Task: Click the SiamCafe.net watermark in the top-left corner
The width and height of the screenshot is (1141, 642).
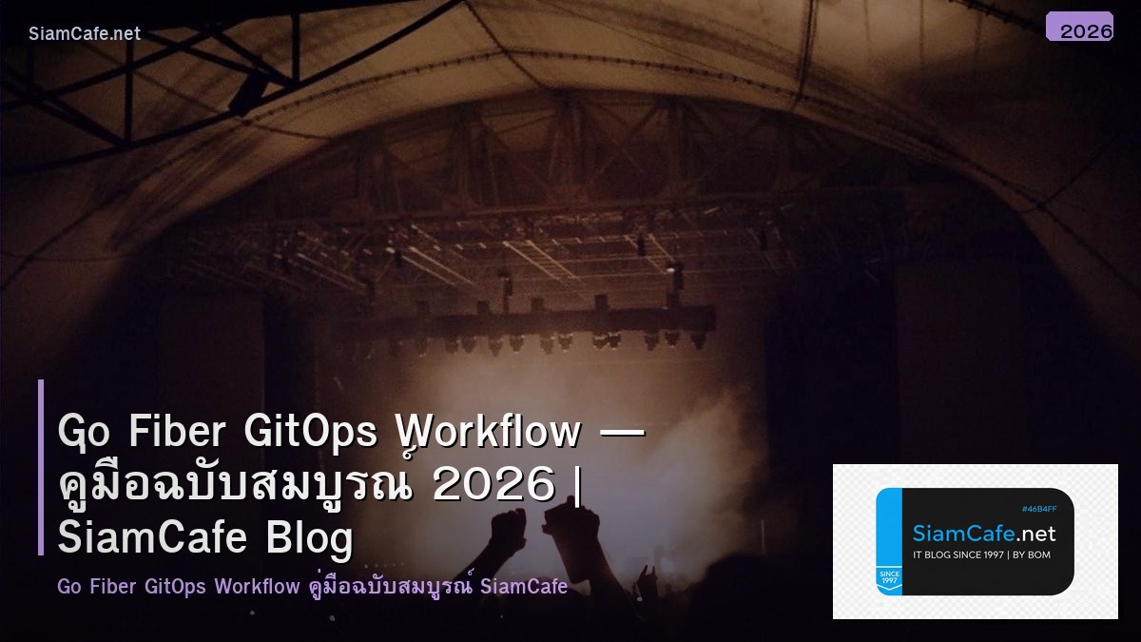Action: pyautogui.click(x=85, y=34)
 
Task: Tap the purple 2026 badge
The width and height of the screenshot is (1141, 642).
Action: pyautogui.click(x=1079, y=27)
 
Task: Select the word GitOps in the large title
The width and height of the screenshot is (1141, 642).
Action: pyautogui.click(x=311, y=432)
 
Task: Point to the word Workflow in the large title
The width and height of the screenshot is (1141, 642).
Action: pyautogui.click(x=488, y=432)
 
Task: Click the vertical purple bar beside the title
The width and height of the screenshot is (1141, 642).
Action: pyautogui.click(x=41, y=467)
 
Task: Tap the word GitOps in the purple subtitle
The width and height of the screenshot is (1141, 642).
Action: pyautogui.click(x=175, y=586)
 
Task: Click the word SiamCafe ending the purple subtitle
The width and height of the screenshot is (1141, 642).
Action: pyautogui.click(x=524, y=586)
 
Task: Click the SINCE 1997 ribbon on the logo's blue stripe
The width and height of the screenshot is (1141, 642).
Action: pyautogui.click(x=889, y=578)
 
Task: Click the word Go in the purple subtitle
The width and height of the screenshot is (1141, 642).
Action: pyautogui.click(x=68, y=586)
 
